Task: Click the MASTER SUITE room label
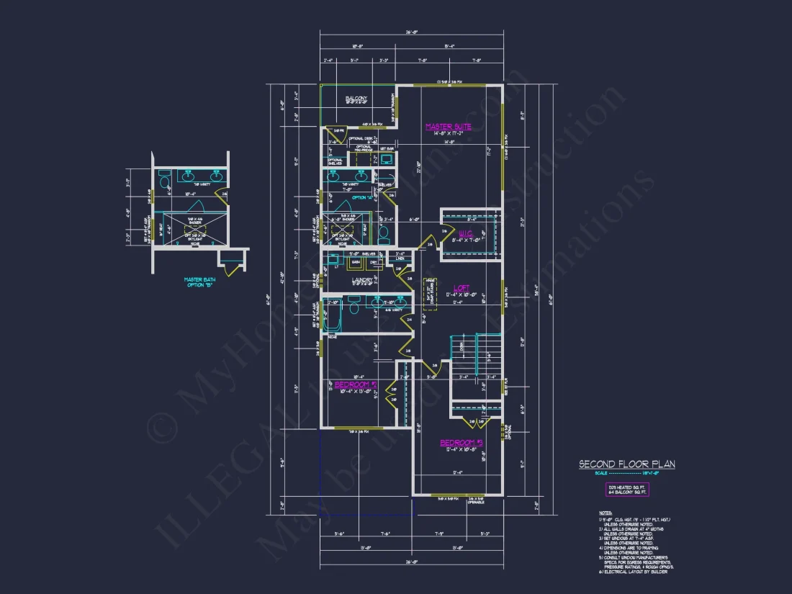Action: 448,127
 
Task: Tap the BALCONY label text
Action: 356,99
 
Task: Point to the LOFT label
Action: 461,287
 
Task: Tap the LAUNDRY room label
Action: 361,281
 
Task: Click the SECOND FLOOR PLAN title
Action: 626,464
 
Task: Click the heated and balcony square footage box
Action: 626,490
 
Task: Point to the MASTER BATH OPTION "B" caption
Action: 199,282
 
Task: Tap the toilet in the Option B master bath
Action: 163,176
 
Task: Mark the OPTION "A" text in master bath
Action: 362,197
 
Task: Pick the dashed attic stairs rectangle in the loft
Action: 430,293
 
